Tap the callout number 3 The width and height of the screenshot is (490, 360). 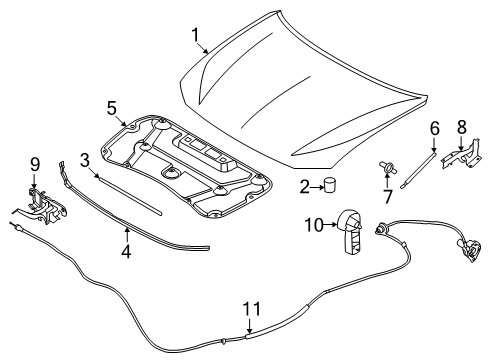[x=85, y=158]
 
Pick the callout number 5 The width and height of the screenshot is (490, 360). [x=113, y=107]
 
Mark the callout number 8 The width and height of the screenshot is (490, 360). [x=461, y=127]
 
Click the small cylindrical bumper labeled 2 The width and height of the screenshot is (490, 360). [x=329, y=185]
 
